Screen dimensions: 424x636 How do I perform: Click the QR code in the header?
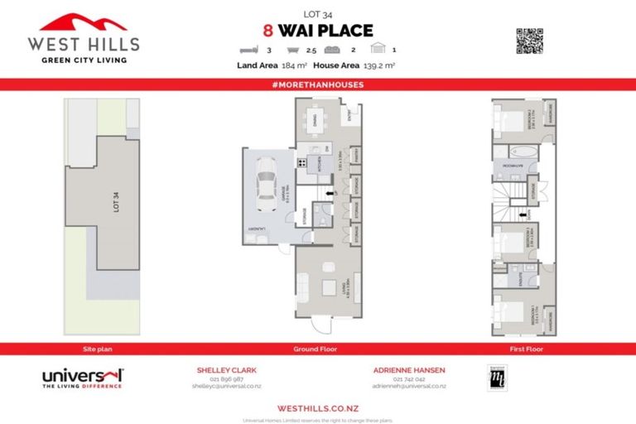click(528, 41)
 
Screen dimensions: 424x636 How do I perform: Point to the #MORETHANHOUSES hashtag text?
click(317, 85)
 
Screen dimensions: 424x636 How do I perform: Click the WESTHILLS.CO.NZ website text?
click(317, 407)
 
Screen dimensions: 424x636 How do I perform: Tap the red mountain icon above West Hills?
click(83, 22)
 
